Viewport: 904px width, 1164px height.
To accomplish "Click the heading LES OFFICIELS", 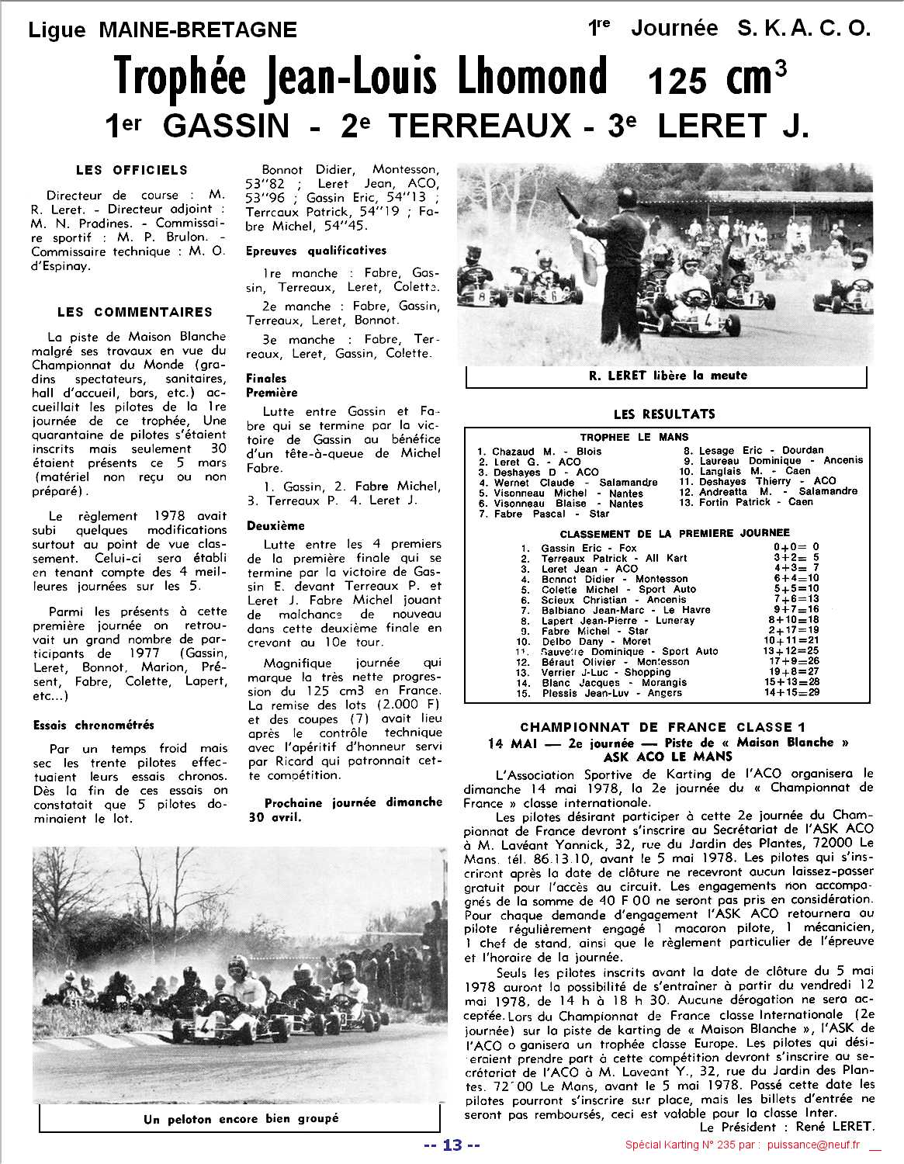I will pos(132,170).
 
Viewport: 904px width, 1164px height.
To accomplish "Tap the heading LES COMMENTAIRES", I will pos(135,312).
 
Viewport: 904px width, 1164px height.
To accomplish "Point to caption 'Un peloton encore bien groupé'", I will pos(241,1118).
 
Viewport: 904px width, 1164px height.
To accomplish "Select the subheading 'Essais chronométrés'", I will pos(94,726).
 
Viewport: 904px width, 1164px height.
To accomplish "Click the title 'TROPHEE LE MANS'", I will pos(633,437).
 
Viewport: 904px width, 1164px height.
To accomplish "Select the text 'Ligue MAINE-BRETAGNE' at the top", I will pos(162,29).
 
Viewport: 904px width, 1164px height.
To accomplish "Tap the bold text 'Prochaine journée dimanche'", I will pos(353,802).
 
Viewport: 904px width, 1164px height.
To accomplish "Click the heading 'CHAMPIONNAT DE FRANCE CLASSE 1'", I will pos(663,727).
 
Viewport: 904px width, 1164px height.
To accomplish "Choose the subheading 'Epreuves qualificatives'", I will pos(316,251).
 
